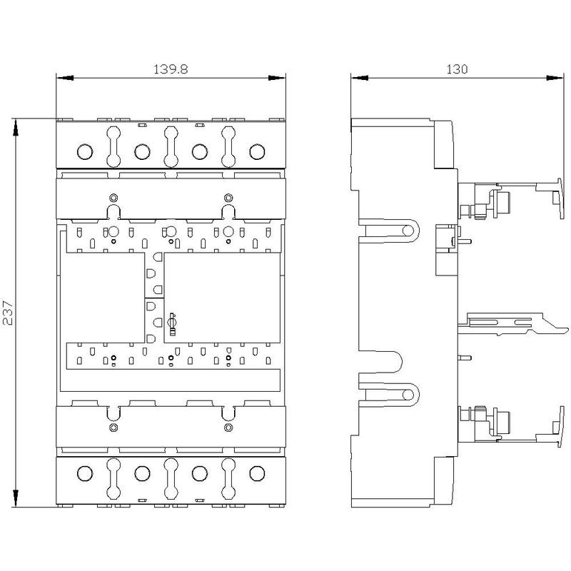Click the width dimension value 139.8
click(171, 69)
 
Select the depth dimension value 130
click(457, 69)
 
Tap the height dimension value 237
click(8, 313)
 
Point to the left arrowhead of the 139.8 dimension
click(65, 78)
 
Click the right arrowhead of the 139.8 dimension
click(277, 78)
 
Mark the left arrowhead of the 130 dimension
click(360, 78)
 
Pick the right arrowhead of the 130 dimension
click(555, 78)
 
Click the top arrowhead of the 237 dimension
click(16, 127)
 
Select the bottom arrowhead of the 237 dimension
click(16, 497)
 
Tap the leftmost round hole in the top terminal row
click(85, 151)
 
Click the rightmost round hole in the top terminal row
click(257, 151)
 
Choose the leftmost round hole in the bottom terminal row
click(85, 473)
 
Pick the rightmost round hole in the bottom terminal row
click(257, 473)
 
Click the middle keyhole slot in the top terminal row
click(171, 146)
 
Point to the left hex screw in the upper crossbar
click(113, 198)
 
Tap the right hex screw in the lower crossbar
click(228, 427)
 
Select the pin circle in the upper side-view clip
click(408, 231)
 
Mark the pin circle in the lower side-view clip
click(408, 395)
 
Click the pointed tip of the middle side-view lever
click(567, 330)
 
